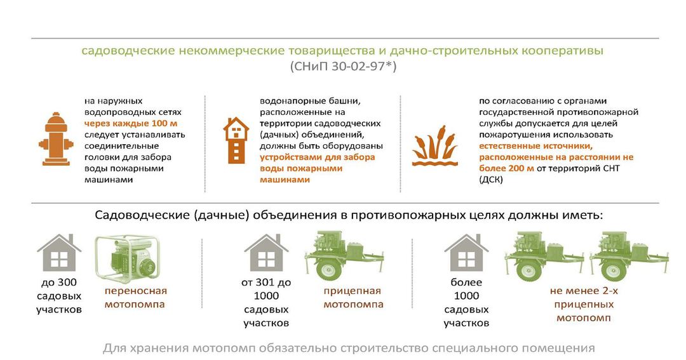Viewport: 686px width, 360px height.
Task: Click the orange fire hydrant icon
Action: [55, 139]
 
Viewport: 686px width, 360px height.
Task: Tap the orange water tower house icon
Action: [236, 140]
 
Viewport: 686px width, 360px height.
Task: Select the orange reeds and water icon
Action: [435, 146]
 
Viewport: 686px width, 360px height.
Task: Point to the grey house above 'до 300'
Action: [58, 253]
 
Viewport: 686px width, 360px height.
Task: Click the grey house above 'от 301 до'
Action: [266, 253]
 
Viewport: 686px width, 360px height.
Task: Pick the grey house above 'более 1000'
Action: [466, 253]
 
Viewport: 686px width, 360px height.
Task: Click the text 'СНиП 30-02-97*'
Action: [343, 67]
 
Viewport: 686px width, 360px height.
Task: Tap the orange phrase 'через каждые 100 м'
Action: [131, 123]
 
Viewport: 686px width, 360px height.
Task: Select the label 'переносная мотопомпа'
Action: [135, 297]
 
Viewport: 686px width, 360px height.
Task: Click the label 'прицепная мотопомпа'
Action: [353, 297]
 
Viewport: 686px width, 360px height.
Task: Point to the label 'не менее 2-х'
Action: [584, 291]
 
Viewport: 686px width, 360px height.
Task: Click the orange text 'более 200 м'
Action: [506, 168]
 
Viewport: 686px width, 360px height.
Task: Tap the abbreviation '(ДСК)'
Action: [491, 180]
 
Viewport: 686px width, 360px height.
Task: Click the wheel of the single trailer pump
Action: [328, 269]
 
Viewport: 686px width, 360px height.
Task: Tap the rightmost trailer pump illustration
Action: [629, 257]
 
